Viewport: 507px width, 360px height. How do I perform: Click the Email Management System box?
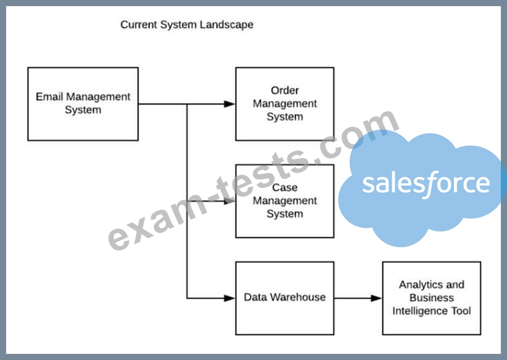tap(83, 104)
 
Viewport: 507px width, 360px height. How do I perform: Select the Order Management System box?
tap(284, 104)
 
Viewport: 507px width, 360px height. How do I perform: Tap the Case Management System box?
tap(284, 201)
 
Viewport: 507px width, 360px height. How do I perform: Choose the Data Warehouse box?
tap(284, 298)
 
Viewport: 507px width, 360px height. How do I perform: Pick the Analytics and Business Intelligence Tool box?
tap(431, 298)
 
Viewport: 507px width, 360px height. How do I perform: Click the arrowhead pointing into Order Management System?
tap(229, 104)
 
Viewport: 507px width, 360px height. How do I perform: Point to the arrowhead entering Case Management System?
tap(229, 201)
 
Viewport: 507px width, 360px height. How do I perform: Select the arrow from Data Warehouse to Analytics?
tap(358, 298)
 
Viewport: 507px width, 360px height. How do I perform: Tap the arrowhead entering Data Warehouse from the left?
tap(229, 298)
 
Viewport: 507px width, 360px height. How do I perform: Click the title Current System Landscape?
tap(187, 25)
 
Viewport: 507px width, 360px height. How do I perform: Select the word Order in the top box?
tap(285, 91)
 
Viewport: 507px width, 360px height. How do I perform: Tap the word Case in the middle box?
tap(285, 188)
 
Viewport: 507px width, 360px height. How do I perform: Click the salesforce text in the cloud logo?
tap(426, 183)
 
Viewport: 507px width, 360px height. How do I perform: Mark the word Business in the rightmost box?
tap(431, 298)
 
